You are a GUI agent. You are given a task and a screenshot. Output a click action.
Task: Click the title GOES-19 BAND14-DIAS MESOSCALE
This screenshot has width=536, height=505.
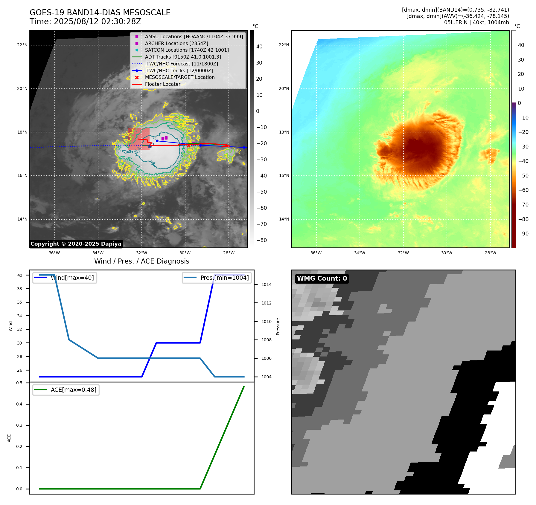pos(100,13)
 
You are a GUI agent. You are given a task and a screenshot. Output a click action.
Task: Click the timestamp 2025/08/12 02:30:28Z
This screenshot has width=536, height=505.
pos(97,22)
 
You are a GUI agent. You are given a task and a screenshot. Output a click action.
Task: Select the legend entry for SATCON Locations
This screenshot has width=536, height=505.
pos(187,50)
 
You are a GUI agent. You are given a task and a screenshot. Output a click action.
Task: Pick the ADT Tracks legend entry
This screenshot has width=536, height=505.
pos(183,57)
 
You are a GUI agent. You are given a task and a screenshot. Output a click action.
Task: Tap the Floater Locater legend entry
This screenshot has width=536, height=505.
pos(162,84)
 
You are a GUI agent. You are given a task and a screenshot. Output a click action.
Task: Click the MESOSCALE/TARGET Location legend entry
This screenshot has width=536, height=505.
pos(179,77)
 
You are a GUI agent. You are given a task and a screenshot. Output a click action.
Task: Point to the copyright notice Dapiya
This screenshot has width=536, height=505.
pos(76,244)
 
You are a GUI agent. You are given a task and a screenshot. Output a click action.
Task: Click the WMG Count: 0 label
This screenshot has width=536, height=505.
pos(322,278)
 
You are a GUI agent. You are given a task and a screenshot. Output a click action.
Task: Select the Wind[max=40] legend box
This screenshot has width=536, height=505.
pos(65,278)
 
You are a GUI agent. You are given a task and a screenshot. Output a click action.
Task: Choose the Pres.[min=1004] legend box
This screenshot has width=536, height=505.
pos(217,278)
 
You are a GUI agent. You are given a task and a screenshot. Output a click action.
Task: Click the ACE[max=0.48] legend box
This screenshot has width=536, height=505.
pos(66,390)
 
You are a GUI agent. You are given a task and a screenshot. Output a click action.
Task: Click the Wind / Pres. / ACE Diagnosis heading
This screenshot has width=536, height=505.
pos(141,261)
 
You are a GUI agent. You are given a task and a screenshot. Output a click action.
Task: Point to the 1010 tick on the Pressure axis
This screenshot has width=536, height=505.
pos(266,322)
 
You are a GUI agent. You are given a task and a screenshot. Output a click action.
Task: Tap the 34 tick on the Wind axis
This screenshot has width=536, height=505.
pos(20,316)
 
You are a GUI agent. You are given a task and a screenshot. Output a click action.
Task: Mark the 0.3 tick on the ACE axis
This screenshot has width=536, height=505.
pos(19,425)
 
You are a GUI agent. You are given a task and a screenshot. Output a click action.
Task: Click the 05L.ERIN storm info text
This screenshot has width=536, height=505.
pos(476,22)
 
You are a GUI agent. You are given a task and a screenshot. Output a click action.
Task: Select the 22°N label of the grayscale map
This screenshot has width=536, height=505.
pos(22,45)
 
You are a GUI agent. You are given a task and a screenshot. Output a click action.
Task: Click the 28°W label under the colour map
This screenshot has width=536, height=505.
pos(491,253)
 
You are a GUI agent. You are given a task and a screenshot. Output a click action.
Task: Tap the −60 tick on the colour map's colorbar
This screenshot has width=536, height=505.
pos(523,190)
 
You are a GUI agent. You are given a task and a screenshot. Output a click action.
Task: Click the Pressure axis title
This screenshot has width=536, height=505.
pos(278,326)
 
